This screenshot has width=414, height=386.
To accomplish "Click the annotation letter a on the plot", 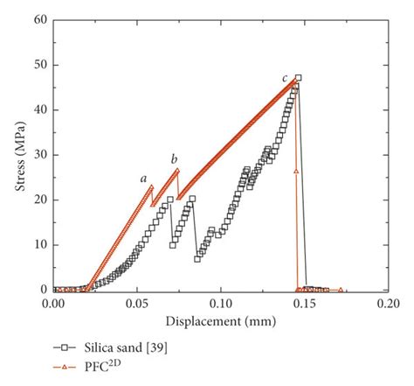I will (x=143, y=179).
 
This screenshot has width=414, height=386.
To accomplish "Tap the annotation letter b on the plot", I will (x=174, y=158).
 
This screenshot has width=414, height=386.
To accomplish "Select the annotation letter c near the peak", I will (x=285, y=80).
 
